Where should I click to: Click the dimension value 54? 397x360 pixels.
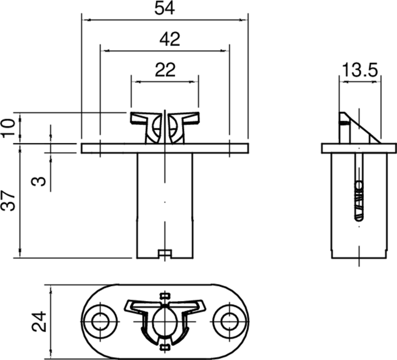164,9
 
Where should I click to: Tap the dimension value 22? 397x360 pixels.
165,70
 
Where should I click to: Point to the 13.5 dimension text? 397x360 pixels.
360,70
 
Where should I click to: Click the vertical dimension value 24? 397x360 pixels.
38,322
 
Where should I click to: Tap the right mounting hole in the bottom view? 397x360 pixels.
229,321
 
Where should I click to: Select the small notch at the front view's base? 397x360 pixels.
164,254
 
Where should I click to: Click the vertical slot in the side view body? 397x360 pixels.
358,188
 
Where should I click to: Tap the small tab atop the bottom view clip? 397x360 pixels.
165,296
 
